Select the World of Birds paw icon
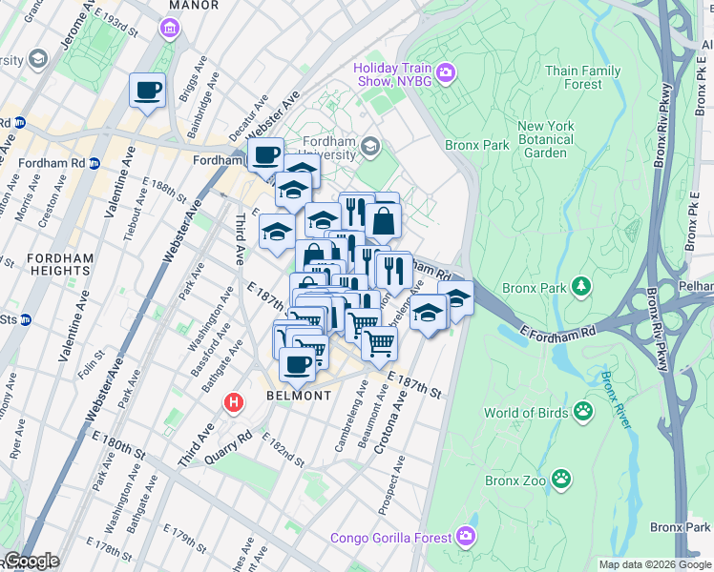point(582,412)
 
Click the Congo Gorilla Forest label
point(390,538)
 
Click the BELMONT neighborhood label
point(299,395)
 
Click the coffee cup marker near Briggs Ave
point(147,91)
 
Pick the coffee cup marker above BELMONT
point(298,363)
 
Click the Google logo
point(31,561)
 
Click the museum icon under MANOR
point(170,30)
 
